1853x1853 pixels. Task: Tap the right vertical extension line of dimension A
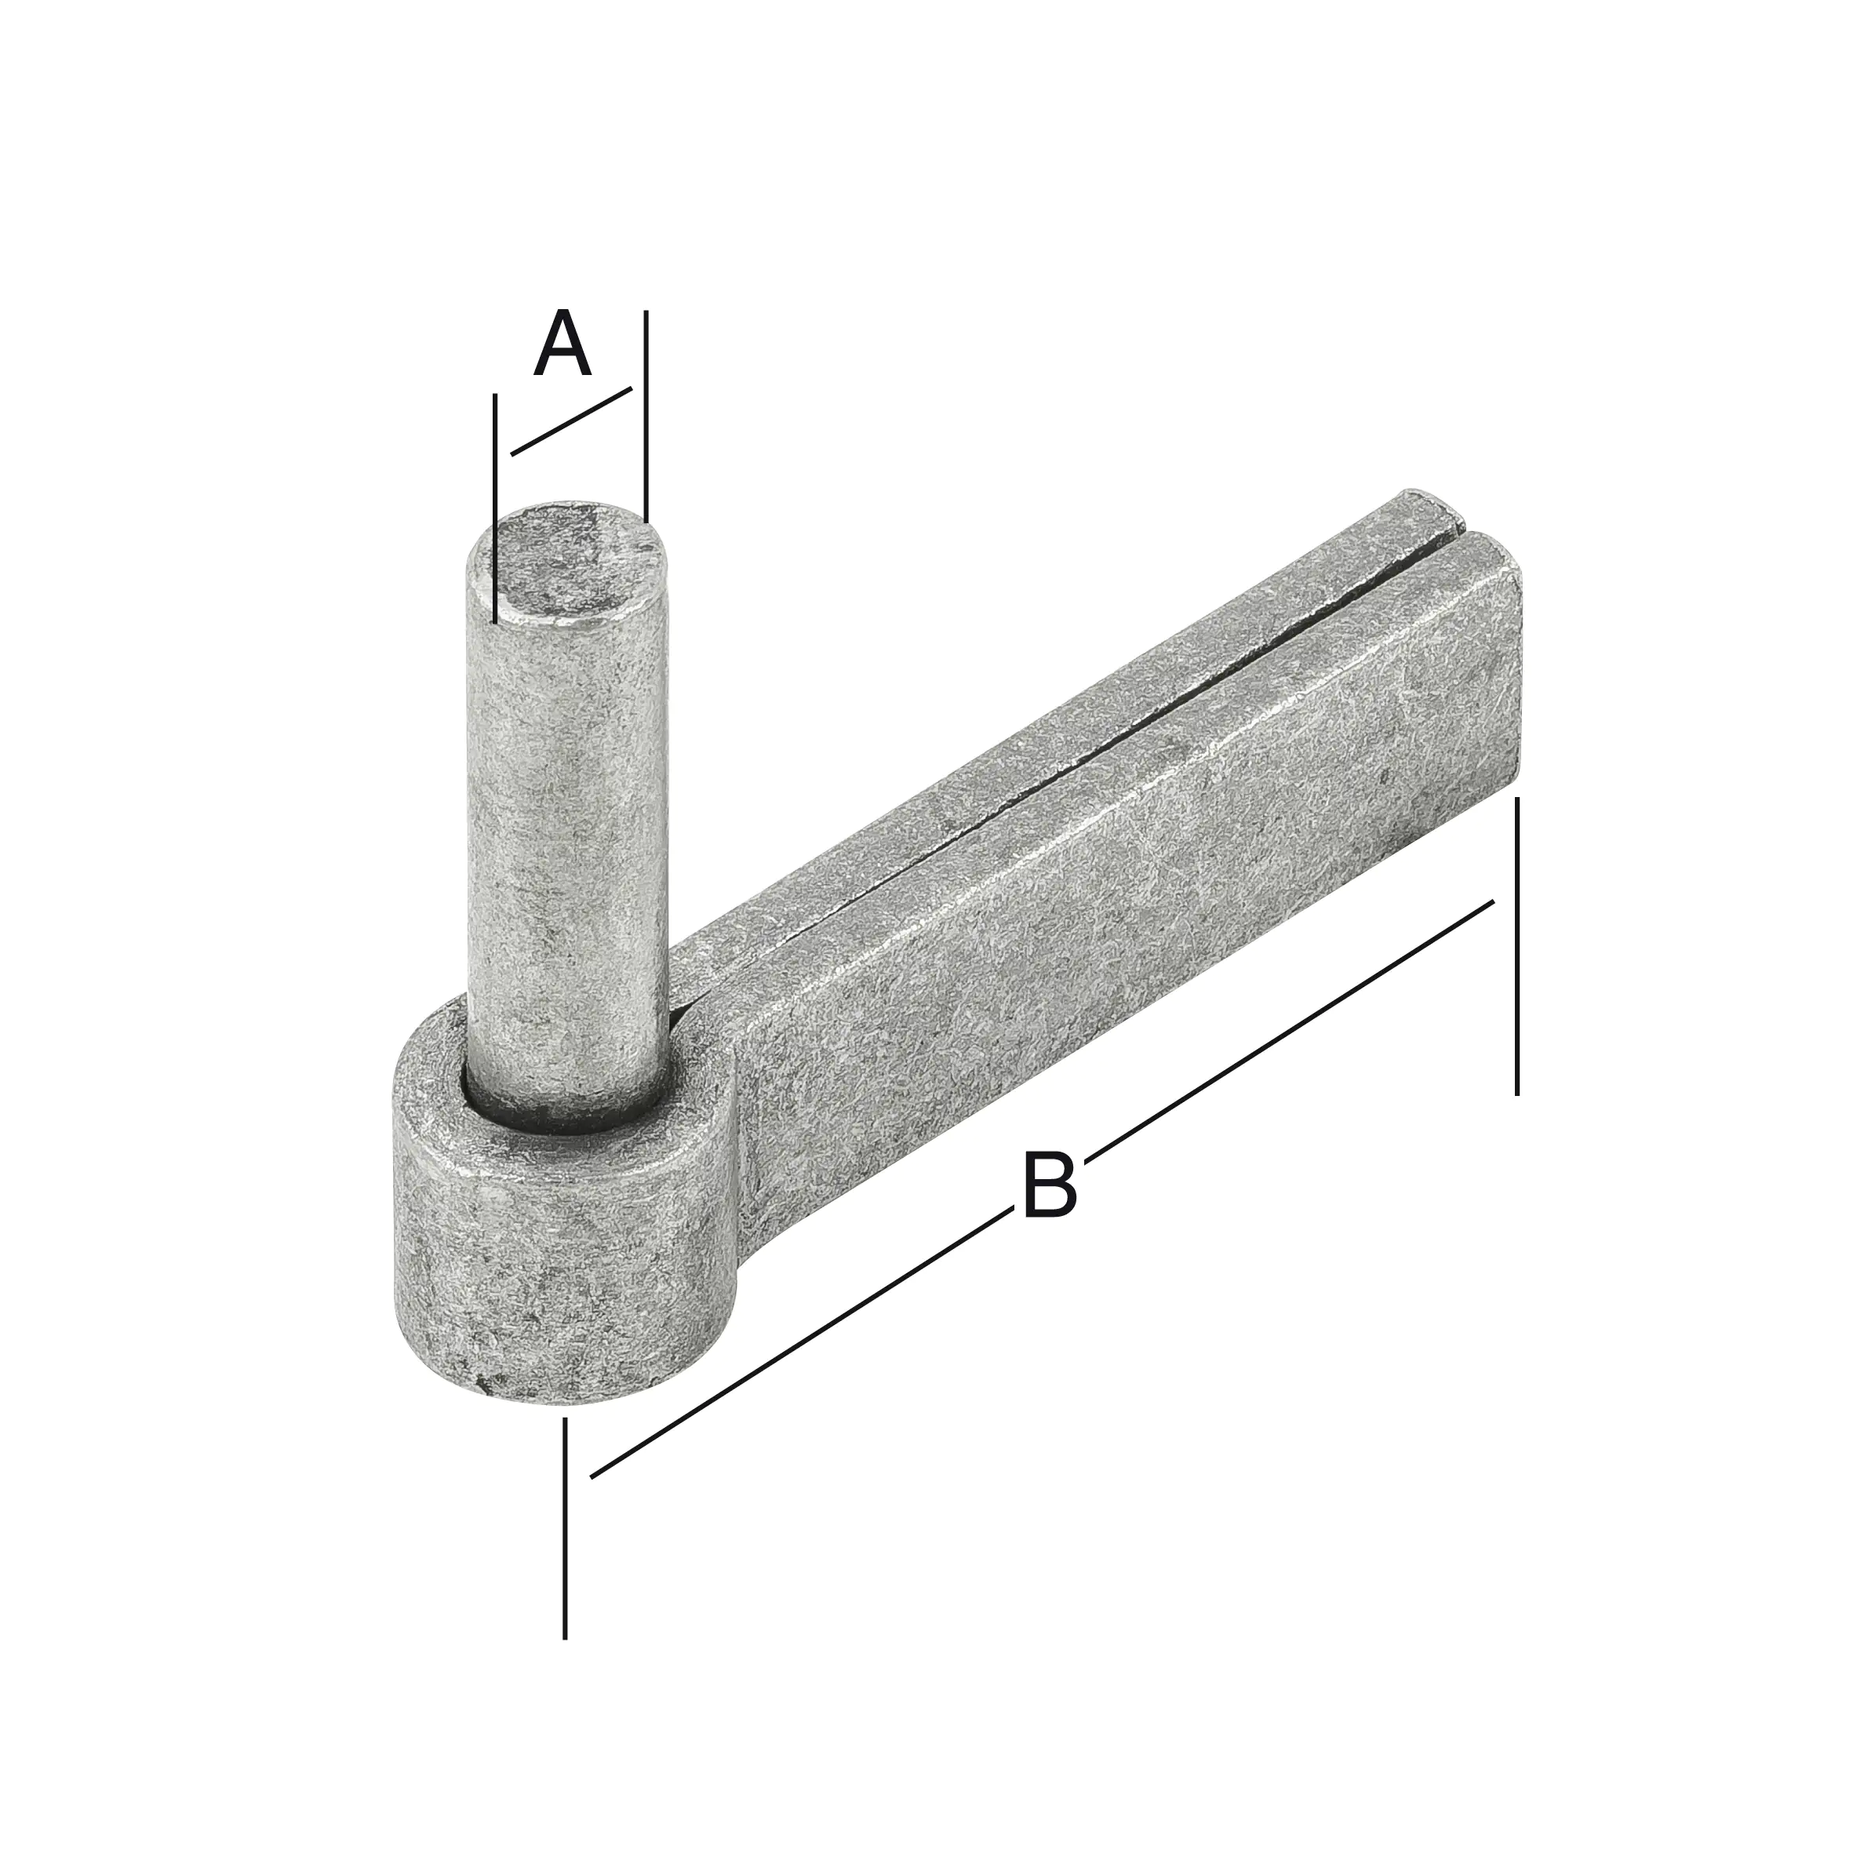coord(646,413)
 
